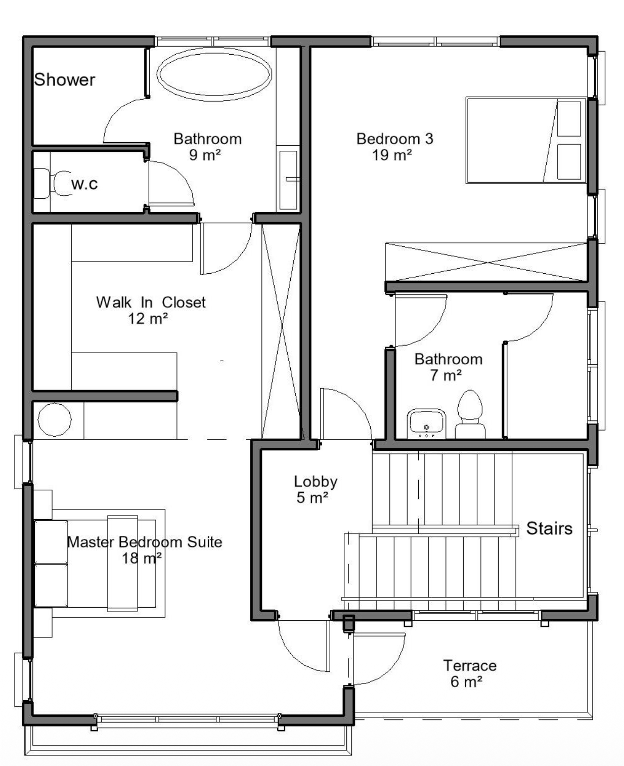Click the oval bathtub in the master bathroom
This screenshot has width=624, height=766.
point(214,74)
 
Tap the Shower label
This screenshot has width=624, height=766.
point(65,80)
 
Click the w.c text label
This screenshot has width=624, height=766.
point(84,184)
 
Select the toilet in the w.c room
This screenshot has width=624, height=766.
point(54,183)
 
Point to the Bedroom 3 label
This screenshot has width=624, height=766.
point(394,139)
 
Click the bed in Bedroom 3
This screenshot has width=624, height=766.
point(526,140)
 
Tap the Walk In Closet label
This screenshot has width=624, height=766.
point(151,302)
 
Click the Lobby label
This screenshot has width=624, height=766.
point(316,482)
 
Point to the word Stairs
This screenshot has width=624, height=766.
point(549,528)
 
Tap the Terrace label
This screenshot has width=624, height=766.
point(470,666)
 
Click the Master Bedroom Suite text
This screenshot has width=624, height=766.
point(145,542)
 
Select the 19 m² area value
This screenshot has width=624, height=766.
point(392,155)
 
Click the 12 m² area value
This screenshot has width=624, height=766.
point(148,318)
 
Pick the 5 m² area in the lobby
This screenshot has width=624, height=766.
point(312,497)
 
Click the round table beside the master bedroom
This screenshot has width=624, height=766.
point(55,419)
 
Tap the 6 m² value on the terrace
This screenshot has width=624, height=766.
point(466,682)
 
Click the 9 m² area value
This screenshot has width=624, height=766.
point(205,155)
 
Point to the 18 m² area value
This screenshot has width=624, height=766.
point(142,558)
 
